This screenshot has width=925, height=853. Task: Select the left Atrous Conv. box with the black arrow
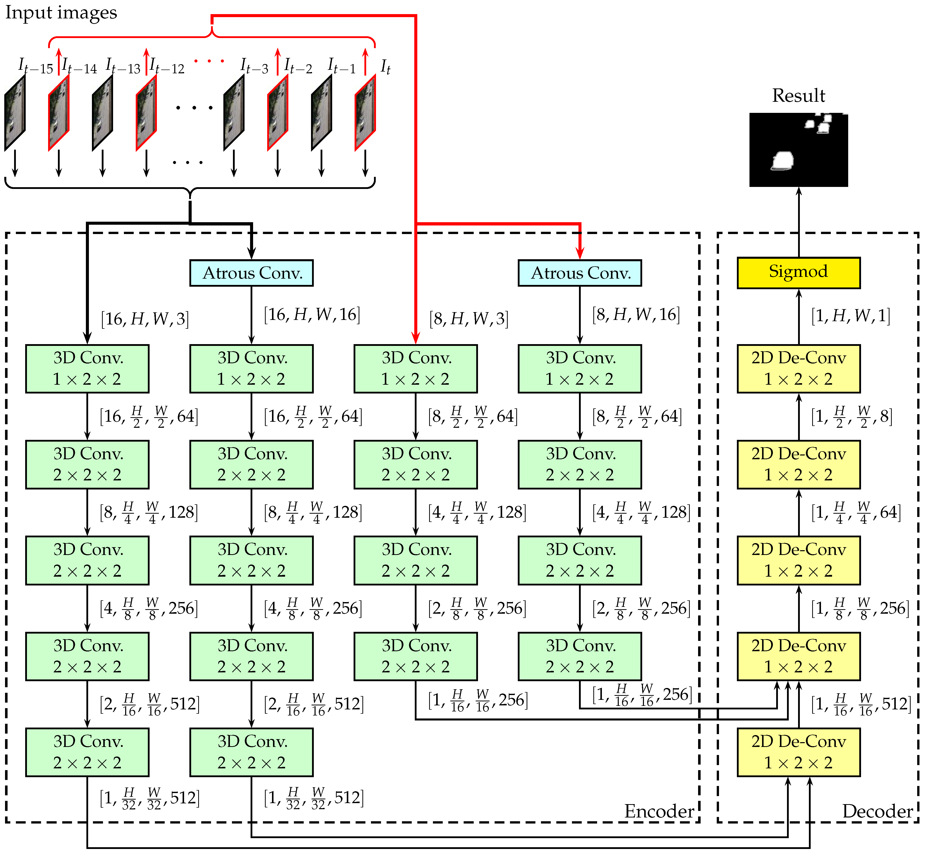[x=251, y=273]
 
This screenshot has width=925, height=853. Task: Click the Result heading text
[x=798, y=95]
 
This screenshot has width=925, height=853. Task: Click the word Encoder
[x=659, y=811]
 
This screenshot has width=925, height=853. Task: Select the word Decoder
[x=877, y=811]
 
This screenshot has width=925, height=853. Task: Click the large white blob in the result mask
[x=782, y=161]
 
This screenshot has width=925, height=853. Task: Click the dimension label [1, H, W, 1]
[x=850, y=316]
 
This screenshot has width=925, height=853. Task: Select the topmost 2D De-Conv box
[x=798, y=368]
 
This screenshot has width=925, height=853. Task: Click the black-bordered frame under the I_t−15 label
[x=15, y=113]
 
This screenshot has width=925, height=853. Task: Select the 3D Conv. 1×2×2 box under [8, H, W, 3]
[x=415, y=368]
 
